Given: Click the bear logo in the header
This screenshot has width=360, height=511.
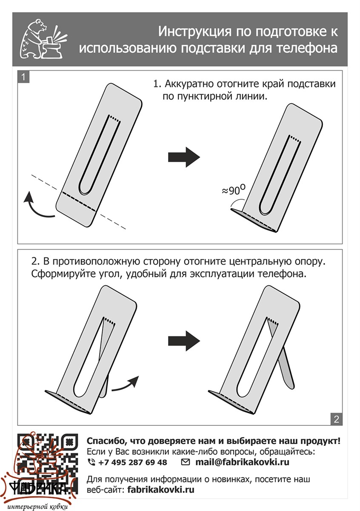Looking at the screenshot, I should coord(41,40).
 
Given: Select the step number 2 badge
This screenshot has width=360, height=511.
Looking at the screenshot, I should coord(336,419).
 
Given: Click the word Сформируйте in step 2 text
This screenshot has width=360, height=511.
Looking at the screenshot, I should coord(57,273).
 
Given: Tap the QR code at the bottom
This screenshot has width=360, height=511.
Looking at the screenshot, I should coord(48,462).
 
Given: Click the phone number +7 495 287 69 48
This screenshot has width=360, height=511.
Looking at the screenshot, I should coord(132,462).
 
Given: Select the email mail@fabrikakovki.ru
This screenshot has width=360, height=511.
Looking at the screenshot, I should coord(243,462).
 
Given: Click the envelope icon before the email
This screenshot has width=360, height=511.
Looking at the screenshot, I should coord(186,462).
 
